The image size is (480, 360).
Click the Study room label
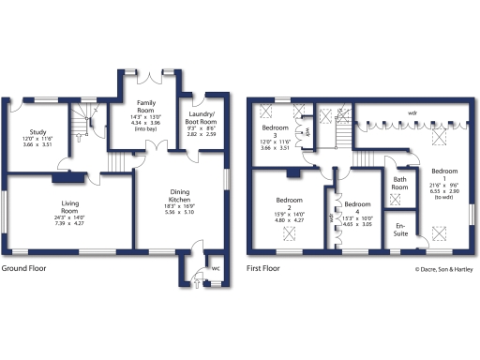coord(38,133)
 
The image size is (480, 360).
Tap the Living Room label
coord(69,203)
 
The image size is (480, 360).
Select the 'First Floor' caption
coord(264,268)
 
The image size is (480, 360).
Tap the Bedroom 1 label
coord(444,172)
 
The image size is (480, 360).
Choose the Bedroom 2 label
coord(290,201)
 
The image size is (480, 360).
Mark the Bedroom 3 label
coord(275,129)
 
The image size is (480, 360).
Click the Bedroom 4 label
coord(357,204)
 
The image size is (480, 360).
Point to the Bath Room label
coord(399,182)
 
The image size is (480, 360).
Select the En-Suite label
coord(400,229)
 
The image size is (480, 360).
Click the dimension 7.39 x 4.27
coord(69,223)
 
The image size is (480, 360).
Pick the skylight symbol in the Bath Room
coord(395,199)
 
